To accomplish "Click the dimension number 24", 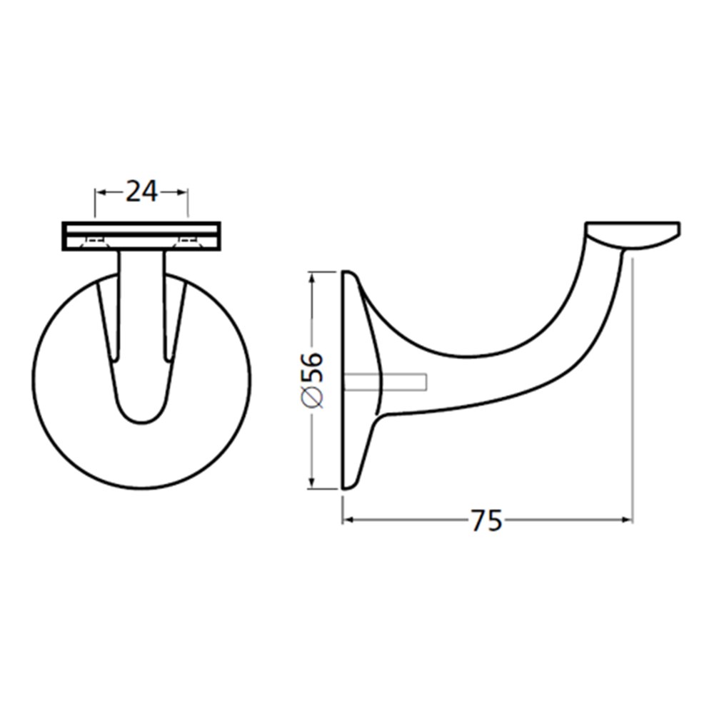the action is point(141,191).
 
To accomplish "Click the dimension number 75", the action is point(486,521).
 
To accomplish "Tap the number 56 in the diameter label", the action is point(313,367).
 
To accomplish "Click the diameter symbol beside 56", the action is point(313,397).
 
